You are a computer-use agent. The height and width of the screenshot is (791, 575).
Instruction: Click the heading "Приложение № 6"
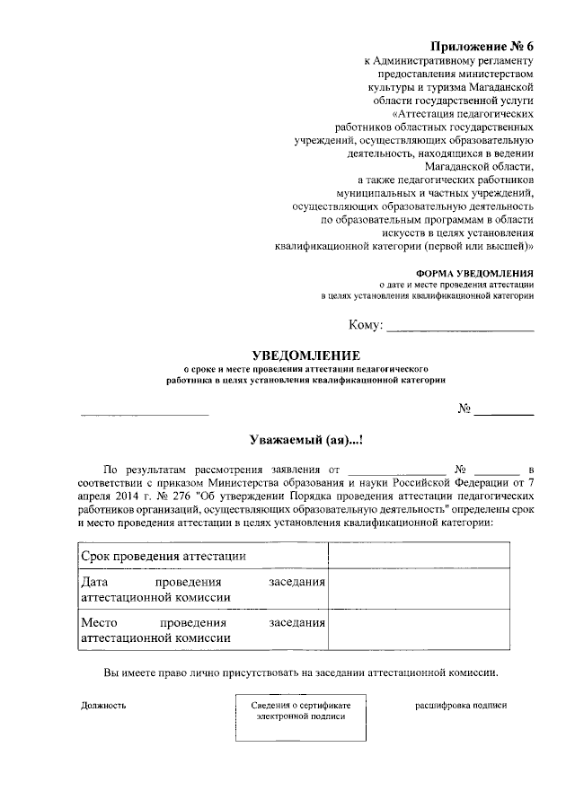tap(482, 46)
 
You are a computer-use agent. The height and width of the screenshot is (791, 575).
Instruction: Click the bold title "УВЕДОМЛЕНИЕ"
tap(305, 355)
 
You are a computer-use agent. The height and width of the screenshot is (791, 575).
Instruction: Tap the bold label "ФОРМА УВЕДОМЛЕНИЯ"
tap(474, 272)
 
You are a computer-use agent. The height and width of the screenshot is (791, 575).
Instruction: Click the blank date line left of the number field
tap(145, 413)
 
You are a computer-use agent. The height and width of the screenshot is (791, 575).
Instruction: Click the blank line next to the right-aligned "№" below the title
tap(503, 413)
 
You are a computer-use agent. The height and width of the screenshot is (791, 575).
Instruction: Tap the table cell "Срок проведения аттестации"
tap(164, 556)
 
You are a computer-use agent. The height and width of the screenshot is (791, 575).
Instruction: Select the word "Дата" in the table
tap(95, 583)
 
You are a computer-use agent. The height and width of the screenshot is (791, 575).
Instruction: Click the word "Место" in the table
tap(99, 622)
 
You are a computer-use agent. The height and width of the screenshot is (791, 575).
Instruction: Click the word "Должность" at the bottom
tap(103, 705)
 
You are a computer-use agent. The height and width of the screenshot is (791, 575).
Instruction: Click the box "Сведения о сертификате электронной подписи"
tap(300, 716)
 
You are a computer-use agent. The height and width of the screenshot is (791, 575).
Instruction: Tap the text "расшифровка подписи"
tap(460, 705)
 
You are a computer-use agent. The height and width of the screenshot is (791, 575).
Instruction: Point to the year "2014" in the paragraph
tap(132, 495)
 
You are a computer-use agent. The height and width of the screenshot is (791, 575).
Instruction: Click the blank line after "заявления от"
tap(396, 470)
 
